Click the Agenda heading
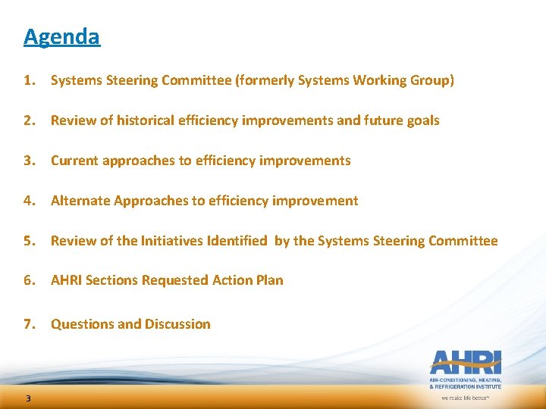(x=61, y=36)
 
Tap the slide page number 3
(x=27, y=399)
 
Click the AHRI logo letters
(x=466, y=362)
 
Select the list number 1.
(x=29, y=80)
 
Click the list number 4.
(x=29, y=201)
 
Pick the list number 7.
(x=29, y=324)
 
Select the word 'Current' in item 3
(x=76, y=161)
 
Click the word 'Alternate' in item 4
(x=80, y=201)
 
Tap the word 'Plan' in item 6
(x=269, y=280)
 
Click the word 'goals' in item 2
(x=422, y=120)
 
